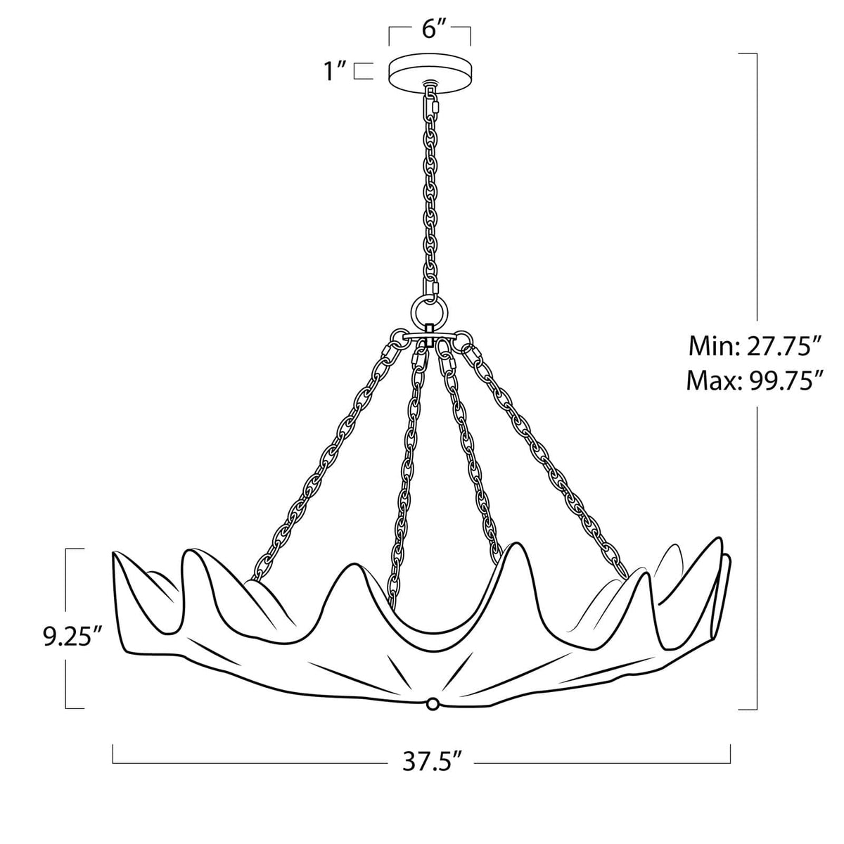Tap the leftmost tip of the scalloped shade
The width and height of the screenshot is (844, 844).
click(114, 555)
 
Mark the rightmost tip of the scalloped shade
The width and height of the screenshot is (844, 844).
click(729, 557)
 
